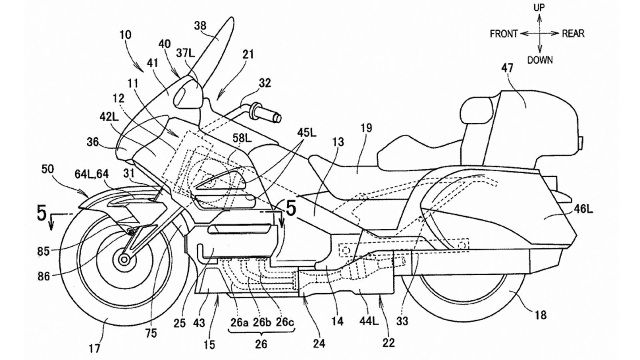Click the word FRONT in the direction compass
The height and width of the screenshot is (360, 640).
coord(504,34)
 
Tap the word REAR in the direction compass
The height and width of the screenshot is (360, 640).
coord(573,34)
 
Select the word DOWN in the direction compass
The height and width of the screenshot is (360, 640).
coord(540,60)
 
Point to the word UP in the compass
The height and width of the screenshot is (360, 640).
coord(539,8)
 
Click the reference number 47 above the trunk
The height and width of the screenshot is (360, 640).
coord(507,68)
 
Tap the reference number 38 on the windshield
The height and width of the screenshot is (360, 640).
coord(200,26)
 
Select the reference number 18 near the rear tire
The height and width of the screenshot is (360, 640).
coord(540,315)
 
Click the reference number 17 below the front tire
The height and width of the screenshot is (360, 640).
coord(95,349)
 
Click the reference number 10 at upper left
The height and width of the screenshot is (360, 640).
coord(125,34)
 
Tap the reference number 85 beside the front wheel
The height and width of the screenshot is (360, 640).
coord(43,251)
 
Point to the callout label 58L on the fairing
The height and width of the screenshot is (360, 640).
coord(243,138)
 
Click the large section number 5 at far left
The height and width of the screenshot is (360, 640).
coord(42,213)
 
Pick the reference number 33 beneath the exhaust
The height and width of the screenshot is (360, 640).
coord(402,320)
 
